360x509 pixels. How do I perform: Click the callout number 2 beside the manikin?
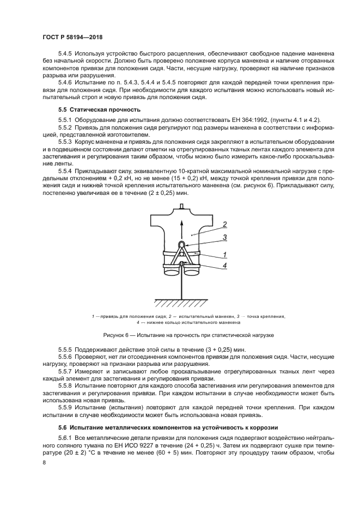point(223,224)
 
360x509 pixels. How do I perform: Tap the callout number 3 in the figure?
point(224,237)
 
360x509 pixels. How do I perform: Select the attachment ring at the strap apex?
point(182,244)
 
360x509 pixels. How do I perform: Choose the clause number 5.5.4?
point(65,171)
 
